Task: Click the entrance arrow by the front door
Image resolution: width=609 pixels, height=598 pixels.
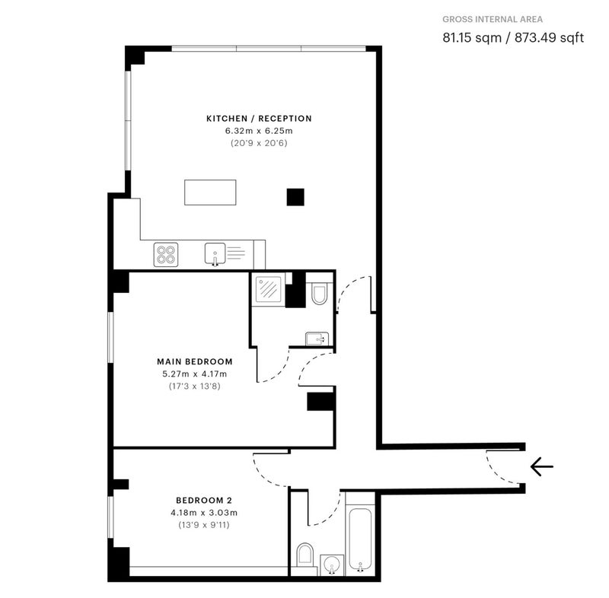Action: (541, 466)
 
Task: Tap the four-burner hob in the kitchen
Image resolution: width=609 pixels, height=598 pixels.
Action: (166, 255)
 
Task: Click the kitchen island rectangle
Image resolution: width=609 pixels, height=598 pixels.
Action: (210, 192)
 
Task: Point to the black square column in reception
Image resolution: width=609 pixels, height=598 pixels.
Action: (295, 197)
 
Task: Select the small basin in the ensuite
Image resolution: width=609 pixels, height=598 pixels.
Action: (317, 339)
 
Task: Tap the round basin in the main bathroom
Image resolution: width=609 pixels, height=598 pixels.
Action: (332, 565)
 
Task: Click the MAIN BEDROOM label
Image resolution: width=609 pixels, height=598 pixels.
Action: (195, 361)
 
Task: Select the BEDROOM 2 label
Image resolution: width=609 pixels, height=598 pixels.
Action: (204, 500)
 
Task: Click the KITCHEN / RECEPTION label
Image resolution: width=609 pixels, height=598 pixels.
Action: (259, 119)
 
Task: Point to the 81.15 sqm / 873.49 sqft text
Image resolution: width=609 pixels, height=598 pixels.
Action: (513, 37)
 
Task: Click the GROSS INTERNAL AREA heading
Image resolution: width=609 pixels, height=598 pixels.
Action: (493, 20)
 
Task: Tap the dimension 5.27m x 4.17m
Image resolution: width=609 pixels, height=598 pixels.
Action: (195, 374)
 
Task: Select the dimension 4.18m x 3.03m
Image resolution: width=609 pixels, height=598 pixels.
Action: (204, 513)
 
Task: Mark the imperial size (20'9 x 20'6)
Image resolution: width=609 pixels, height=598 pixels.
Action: (259, 143)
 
